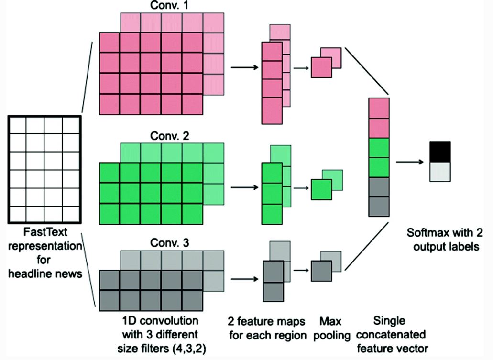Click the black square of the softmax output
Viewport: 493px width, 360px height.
(x=440, y=151)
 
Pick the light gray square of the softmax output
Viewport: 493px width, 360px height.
(x=440, y=171)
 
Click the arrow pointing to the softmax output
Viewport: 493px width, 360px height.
(x=410, y=162)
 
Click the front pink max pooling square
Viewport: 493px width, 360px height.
(x=321, y=67)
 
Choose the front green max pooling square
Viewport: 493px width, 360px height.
(x=321, y=189)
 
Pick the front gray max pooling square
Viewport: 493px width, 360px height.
(x=321, y=271)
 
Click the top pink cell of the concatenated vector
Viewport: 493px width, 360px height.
(x=379, y=108)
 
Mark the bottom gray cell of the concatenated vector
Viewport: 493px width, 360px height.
(x=379, y=206)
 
